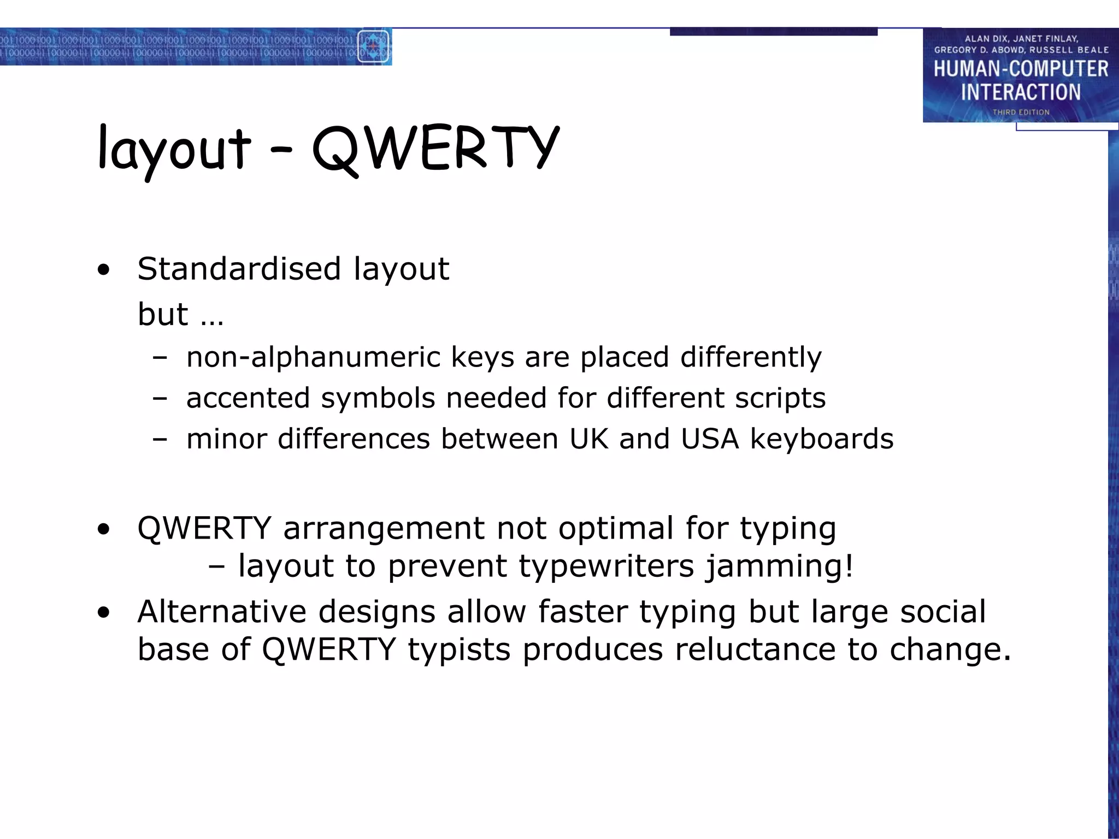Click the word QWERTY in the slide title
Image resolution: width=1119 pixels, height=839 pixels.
[435, 147]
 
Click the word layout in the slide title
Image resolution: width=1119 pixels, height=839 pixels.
[174, 149]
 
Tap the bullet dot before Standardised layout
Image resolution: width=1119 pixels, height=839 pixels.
[103, 270]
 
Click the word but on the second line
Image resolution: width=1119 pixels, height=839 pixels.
[163, 314]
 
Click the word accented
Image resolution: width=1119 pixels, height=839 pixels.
[248, 398]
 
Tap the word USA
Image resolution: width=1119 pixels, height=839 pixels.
[710, 439]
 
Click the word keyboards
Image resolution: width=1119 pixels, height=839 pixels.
[822, 439]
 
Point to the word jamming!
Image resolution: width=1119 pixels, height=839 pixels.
[779, 566]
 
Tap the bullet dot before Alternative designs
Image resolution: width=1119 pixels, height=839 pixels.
[103, 612]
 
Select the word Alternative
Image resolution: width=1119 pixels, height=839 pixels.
[221, 611]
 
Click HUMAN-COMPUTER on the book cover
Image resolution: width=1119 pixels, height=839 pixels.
[1021, 69]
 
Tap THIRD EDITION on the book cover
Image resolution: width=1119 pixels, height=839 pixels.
[1021, 112]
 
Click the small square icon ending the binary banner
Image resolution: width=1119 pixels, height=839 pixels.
[373, 46]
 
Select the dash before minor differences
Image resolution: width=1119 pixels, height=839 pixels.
[160, 439]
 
